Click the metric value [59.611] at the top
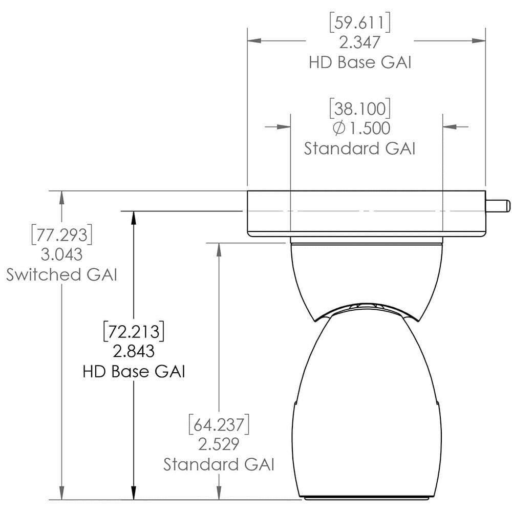[x=360, y=23]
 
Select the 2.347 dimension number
[x=360, y=42]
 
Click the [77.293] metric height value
[x=61, y=235]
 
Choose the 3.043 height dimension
[x=61, y=254]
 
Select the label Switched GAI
[x=61, y=274]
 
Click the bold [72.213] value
[x=134, y=332]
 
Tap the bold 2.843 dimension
[x=134, y=351]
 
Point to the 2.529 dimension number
[x=219, y=444]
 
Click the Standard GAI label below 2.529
[x=219, y=464]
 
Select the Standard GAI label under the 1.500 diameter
[x=359, y=148]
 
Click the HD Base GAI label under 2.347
[x=360, y=62]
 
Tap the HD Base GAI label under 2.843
[x=134, y=371]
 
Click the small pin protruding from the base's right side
[x=498, y=206]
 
